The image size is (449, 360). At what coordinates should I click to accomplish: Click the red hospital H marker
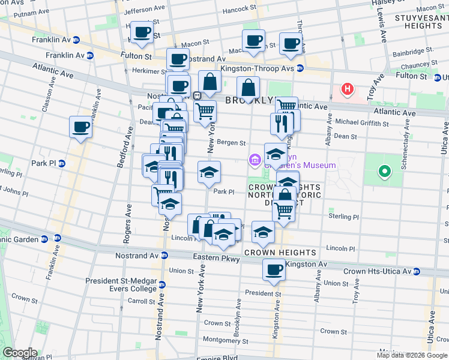coord(347,89)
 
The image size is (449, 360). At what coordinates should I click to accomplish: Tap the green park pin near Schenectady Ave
coord(384,173)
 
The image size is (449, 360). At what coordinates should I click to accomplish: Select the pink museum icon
coord(255,160)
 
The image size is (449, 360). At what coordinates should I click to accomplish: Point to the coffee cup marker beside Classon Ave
coord(80,127)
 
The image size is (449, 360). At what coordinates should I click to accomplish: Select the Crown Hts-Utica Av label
coord(377,272)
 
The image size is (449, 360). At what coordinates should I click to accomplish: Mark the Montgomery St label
coord(221,339)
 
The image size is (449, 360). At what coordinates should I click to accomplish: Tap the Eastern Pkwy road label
coord(216,259)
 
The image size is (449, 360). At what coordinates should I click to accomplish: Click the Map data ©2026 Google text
coord(411,355)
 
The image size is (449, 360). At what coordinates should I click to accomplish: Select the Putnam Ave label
coord(31,13)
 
